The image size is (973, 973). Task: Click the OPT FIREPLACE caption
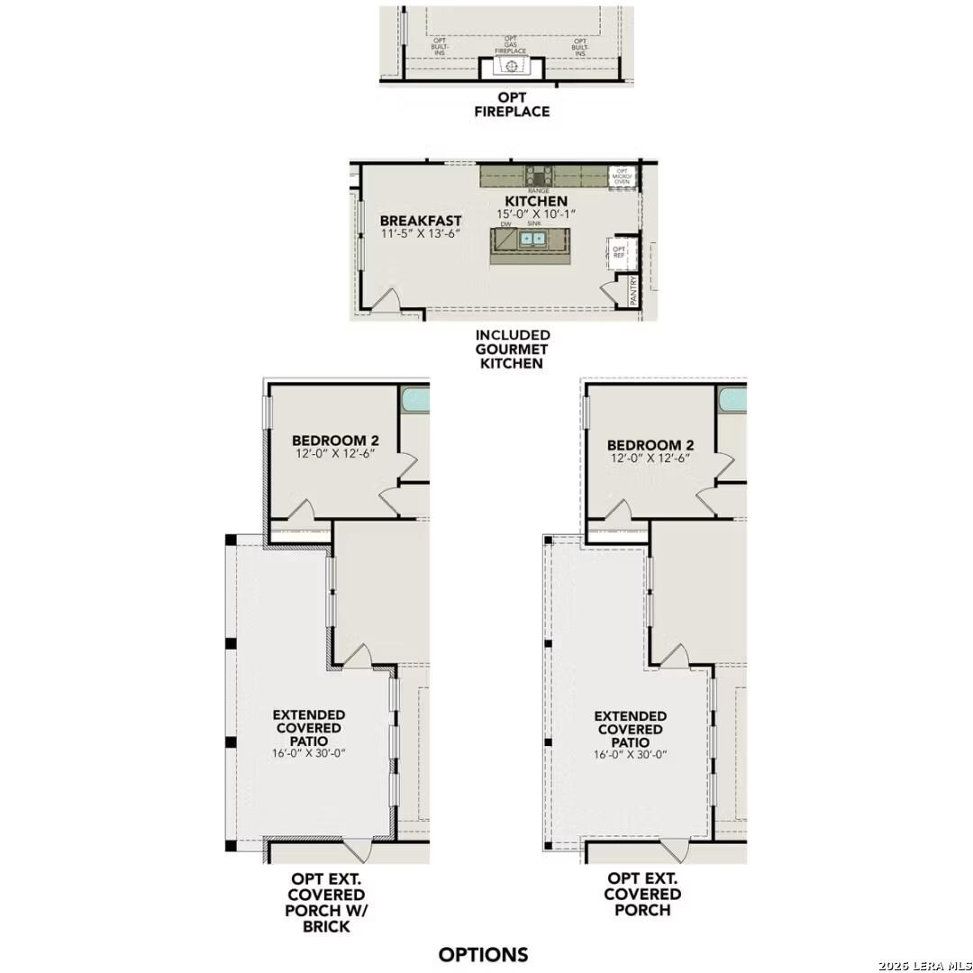coord(511,105)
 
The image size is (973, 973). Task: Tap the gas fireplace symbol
coord(512,68)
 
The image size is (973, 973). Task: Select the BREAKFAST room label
coord(421,221)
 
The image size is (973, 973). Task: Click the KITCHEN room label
coord(535,201)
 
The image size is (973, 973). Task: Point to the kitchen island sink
coord(533,239)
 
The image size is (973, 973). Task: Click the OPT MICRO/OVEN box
coord(622,176)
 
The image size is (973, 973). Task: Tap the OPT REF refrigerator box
coord(619,251)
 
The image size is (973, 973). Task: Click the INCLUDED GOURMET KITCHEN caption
coord(513,349)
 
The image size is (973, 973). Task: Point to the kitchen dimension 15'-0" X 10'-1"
coord(535,214)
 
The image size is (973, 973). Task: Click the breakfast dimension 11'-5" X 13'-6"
coord(422,233)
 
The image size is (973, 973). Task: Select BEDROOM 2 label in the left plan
coord(335,441)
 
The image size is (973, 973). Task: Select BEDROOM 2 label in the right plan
coord(650,445)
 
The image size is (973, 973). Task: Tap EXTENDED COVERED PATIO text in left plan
coord(309,727)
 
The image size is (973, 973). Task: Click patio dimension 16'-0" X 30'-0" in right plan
coord(630,755)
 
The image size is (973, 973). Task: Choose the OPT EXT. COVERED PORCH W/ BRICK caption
coord(327,902)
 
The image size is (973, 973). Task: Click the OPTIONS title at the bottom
coord(483,954)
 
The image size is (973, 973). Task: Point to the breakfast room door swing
coord(385,301)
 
